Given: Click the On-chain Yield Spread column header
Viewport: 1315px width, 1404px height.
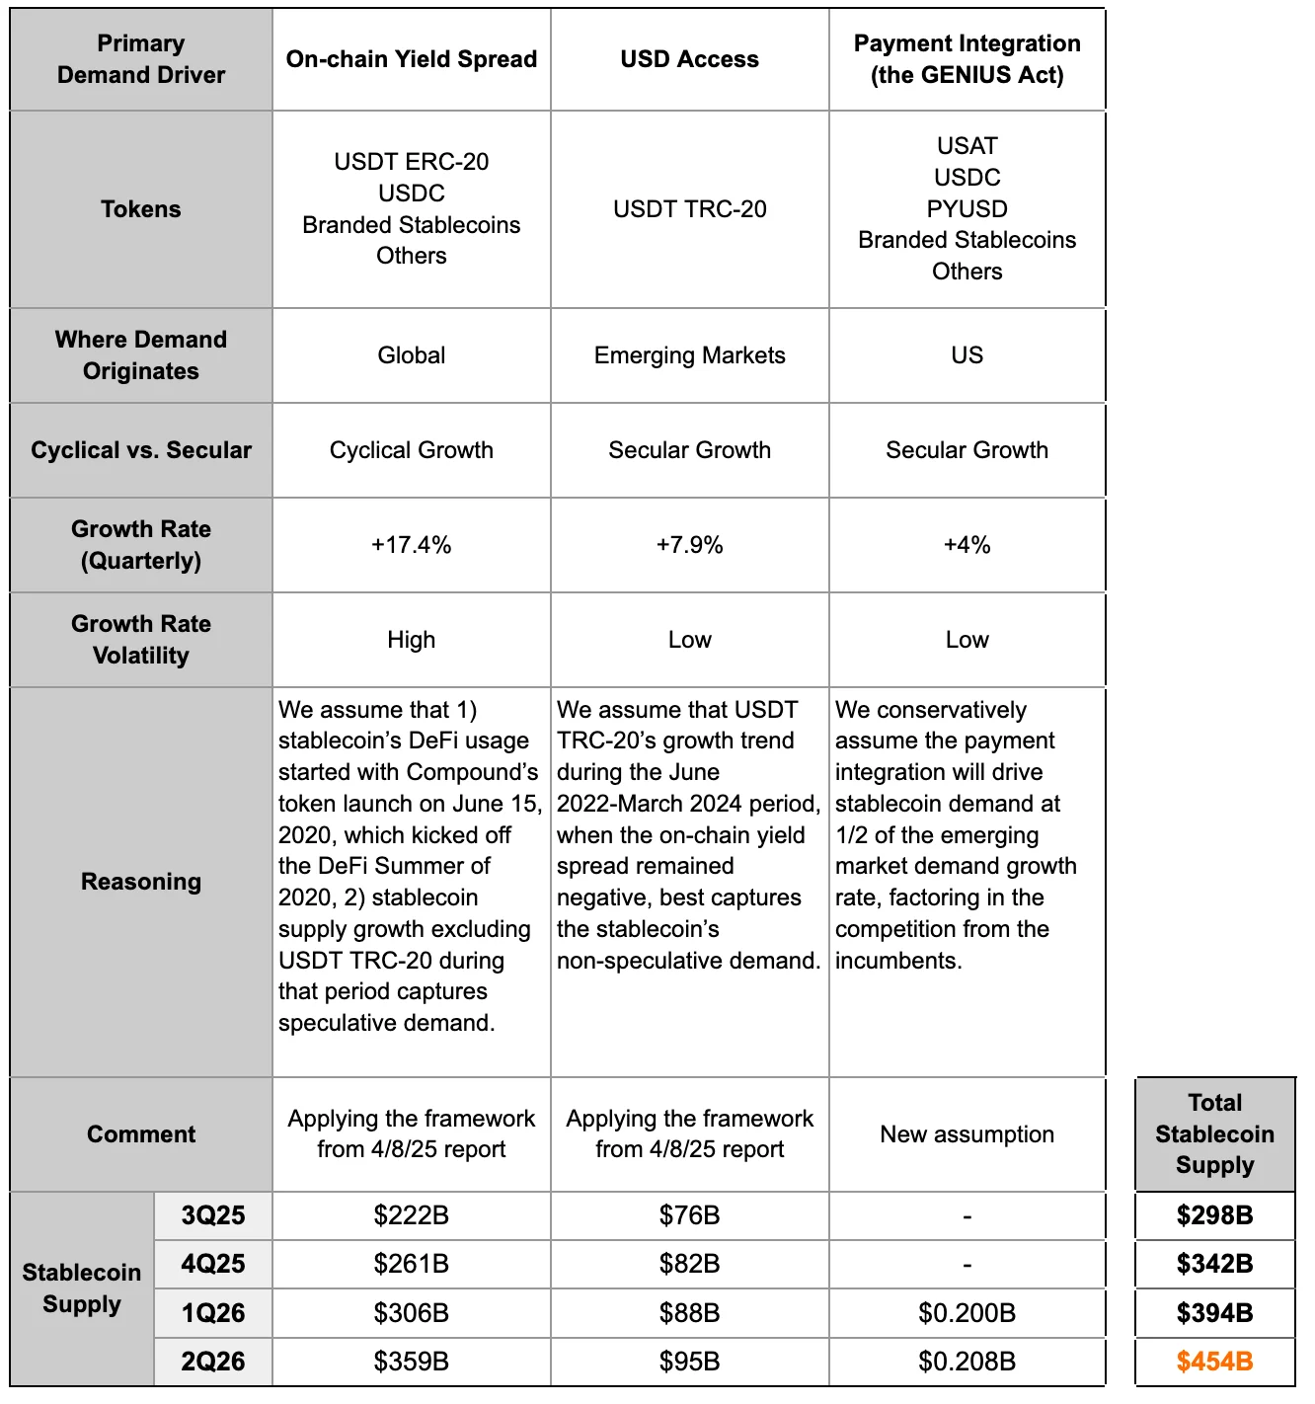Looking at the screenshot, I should [411, 59].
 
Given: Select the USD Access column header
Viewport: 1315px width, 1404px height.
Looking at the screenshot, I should [689, 59].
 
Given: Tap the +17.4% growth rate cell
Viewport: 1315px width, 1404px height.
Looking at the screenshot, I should [411, 545].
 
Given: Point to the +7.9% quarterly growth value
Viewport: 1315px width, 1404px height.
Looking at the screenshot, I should [689, 545].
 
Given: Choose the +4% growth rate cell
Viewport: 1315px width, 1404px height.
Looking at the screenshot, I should [967, 545].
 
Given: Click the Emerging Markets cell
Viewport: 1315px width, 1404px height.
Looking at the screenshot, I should [689, 355].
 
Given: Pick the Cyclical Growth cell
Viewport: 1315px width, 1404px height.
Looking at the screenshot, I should [411, 450].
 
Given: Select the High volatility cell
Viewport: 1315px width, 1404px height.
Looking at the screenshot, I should [411, 640].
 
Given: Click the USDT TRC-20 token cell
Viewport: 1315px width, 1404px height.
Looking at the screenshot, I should [689, 209].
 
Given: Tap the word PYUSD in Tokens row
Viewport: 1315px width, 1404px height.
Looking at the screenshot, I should [967, 209].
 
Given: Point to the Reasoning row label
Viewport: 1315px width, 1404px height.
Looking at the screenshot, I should [141, 882].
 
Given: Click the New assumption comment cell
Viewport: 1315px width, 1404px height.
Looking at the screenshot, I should [967, 1134].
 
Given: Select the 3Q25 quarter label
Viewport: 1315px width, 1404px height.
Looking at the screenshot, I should [213, 1215].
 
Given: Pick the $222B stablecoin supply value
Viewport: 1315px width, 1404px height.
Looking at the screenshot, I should [411, 1215].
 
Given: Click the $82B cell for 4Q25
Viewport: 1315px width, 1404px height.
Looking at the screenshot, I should [689, 1264].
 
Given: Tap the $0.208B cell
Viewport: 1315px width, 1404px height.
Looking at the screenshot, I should [967, 1362].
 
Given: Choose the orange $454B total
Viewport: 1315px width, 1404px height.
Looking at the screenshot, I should [1214, 1362].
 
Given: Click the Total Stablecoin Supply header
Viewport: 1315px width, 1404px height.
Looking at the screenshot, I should [1214, 1133].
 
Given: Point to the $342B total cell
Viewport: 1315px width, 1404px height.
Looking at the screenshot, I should [1214, 1264].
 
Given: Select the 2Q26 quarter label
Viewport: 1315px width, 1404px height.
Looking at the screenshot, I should [213, 1362].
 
